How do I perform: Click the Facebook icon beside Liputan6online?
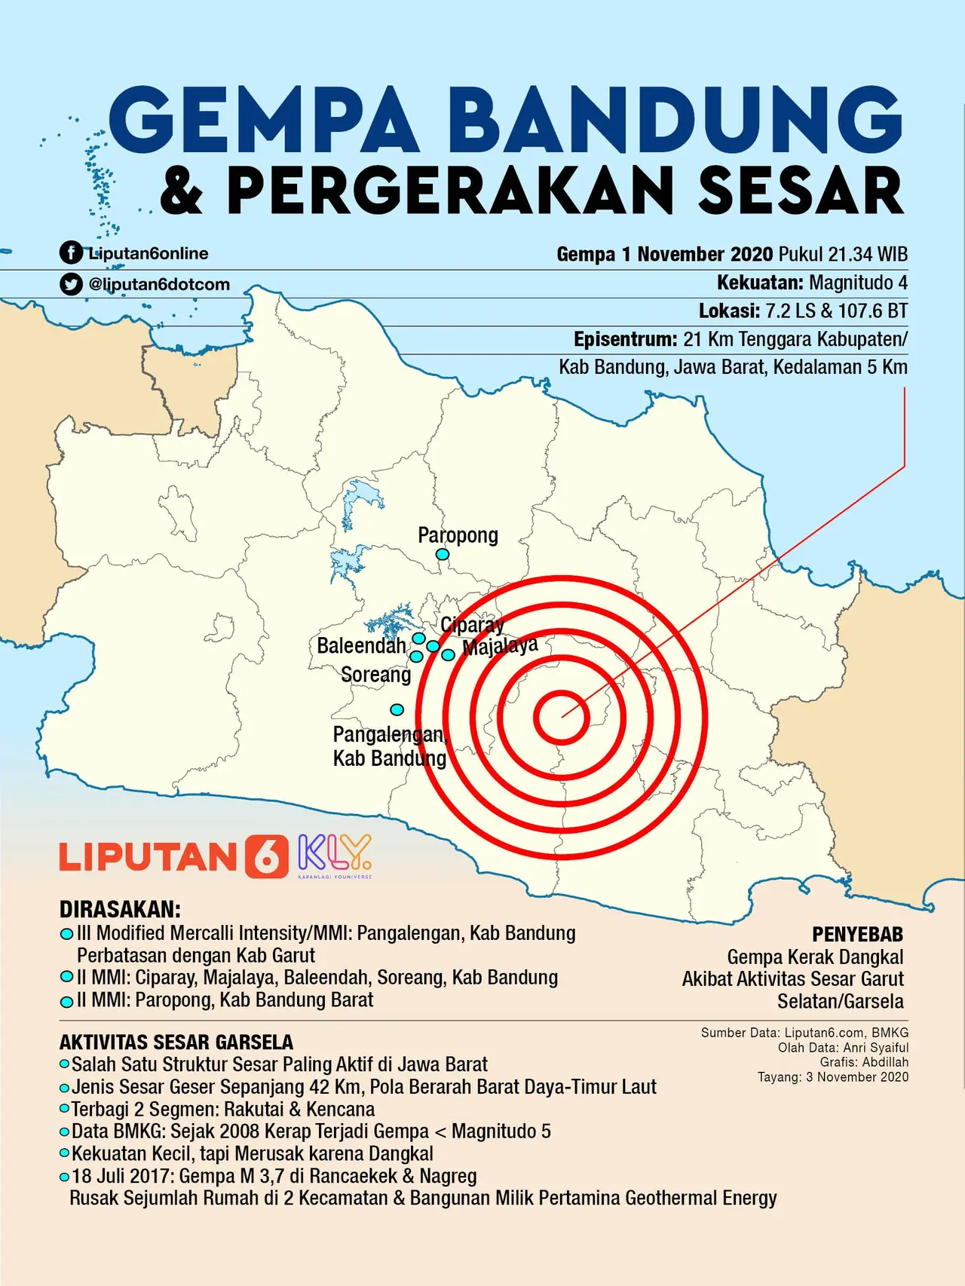click(71, 253)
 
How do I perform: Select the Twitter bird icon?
click(71, 284)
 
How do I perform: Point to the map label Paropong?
click(458, 535)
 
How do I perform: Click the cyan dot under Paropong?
click(443, 555)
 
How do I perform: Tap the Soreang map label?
click(375, 674)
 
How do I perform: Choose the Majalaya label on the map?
click(500, 646)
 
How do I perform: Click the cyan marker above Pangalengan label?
click(397, 709)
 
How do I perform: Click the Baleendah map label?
click(360, 646)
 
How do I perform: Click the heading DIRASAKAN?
click(120, 909)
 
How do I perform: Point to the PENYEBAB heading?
click(857, 935)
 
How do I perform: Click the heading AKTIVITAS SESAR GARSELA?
click(176, 1043)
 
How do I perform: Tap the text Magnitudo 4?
click(857, 283)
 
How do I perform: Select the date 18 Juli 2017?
click(123, 1176)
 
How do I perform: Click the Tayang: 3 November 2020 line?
click(833, 1076)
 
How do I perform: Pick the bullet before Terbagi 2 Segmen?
click(65, 1109)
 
